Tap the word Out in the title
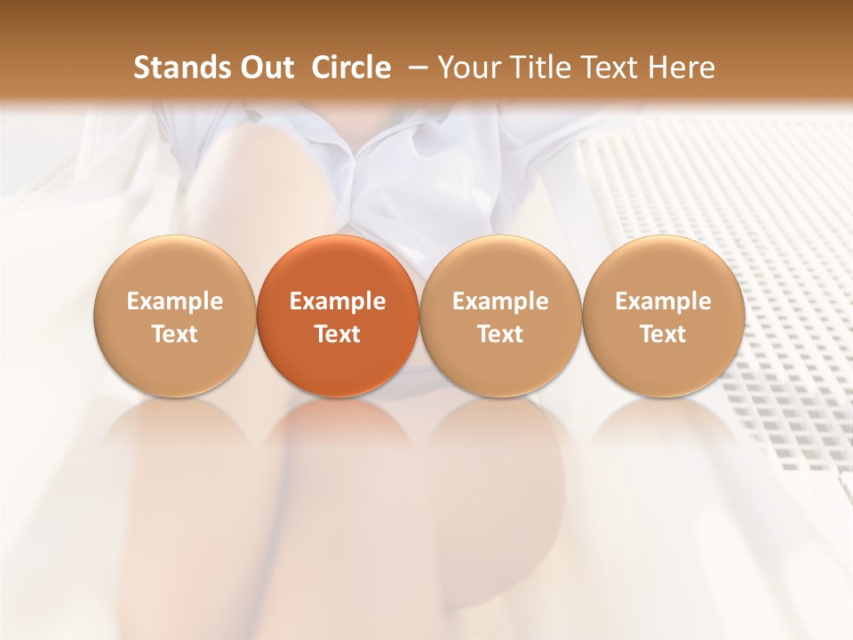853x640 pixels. click(x=264, y=68)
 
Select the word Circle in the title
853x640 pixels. click(x=351, y=68)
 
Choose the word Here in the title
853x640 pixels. click(x=678, y=68)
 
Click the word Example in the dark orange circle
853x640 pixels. click(x=338, y=301)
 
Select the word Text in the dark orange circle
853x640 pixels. click(x=338, y=334)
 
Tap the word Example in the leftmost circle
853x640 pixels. click(x=174, y=301)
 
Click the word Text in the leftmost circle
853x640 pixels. click(x=174, y=334)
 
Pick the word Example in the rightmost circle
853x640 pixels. click(x=663, y=301)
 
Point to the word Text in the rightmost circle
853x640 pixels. click(x=663, y=334)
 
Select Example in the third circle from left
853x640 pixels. click(x=500, y=301)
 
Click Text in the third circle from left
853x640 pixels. click(x=500, y=334)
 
